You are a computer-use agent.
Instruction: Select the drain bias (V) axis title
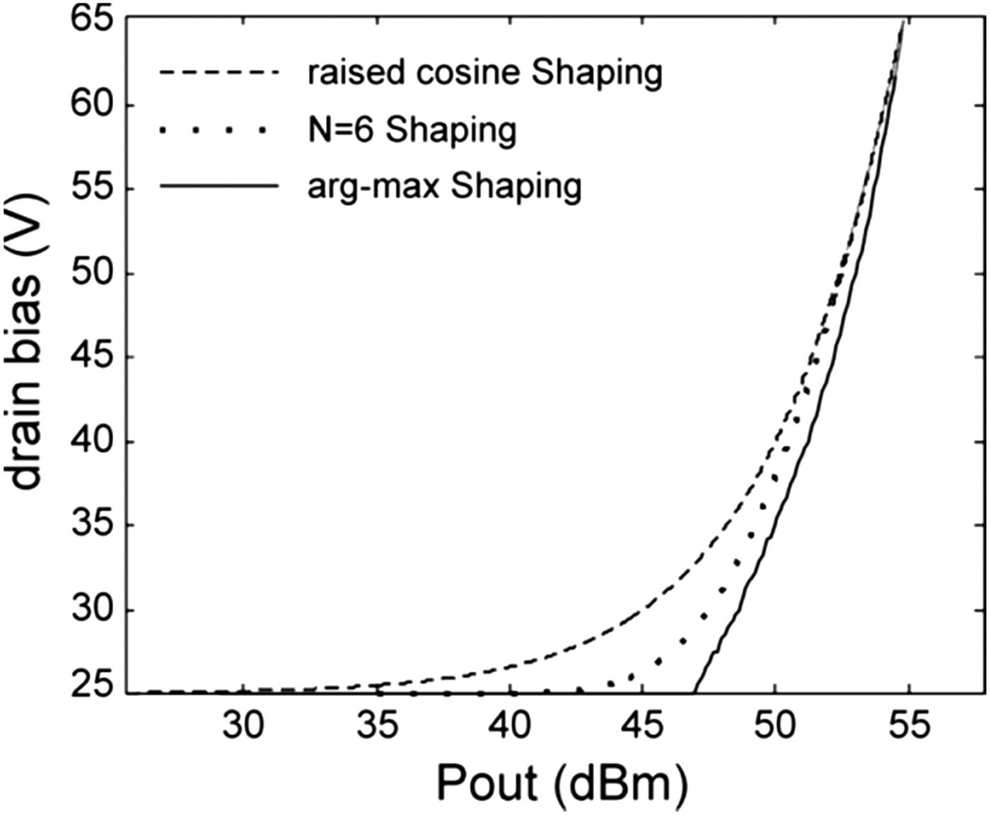click(x=27, y=340)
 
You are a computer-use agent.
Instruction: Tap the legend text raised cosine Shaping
click(x=484, y=72)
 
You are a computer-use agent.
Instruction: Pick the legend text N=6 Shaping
click(x=412, y=130)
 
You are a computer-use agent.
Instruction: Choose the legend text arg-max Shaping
click(x=444, y=187)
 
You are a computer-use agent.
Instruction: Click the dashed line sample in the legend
click(x=220, y=72)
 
